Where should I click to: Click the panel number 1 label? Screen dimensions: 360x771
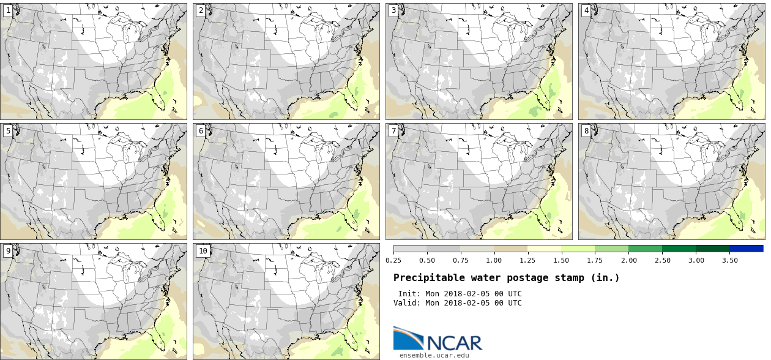pos(7,10)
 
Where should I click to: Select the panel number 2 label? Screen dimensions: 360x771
pos(200,10)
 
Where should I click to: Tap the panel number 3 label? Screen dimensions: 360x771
pos(393,10)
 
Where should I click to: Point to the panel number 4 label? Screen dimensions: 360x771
pos(586,10)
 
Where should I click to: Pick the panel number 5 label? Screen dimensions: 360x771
pos(7,130)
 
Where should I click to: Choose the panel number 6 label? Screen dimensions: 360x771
pos(200,130)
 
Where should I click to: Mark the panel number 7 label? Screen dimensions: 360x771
pos(393,130)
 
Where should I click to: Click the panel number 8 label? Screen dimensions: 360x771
pos(586,130)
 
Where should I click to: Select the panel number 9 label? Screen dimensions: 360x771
pos(7,250)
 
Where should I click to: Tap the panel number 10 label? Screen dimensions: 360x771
pos(203,250)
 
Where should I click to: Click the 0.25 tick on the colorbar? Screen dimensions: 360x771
pos(393,260)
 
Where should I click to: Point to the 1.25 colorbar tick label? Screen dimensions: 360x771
pos(527,260)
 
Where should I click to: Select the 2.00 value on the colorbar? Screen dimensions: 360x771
pos(628,260)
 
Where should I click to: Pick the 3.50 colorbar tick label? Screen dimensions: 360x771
pos(729,260)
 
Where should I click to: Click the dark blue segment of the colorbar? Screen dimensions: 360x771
pos(746,249)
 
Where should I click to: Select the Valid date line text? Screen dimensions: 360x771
pos(457,303)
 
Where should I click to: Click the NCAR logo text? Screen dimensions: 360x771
pos(454,342)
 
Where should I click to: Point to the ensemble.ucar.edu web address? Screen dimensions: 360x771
pos(434,355)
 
